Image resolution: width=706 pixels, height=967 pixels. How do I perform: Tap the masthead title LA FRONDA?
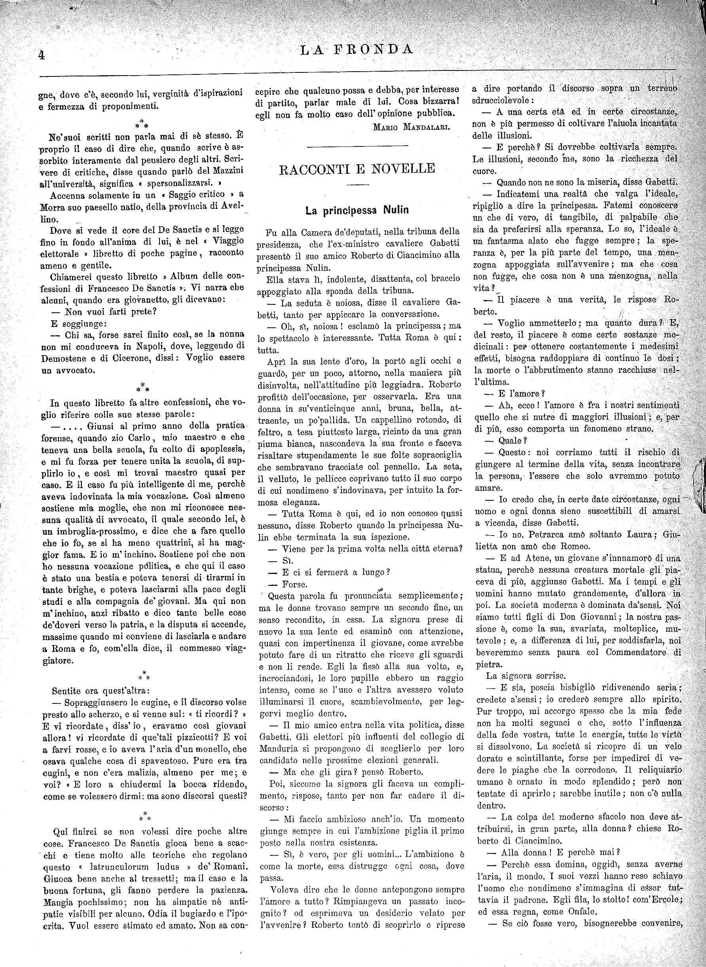click(357, 50)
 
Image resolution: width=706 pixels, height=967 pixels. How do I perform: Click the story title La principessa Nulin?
click(357, 210)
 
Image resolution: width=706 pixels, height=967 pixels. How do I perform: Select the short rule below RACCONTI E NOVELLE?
click(357, 184)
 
